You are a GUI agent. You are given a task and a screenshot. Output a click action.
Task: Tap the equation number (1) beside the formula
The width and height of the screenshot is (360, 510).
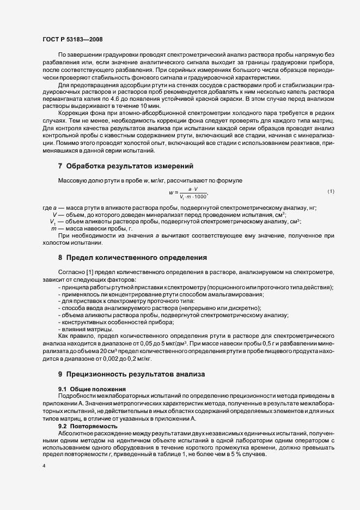pyautogui.click(x=331, y=192)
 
